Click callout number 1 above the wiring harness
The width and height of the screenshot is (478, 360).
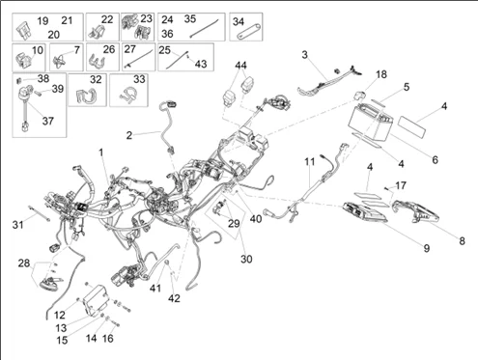[101, 152]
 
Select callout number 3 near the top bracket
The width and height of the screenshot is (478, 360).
[304, 55]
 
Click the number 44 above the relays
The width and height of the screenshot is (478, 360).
[240, 66]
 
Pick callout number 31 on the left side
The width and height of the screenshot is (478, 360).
[16, 225]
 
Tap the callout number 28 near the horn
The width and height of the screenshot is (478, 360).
[23, 263]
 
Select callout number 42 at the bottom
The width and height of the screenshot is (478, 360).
[175, 298]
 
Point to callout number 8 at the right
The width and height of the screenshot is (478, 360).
[461, 240]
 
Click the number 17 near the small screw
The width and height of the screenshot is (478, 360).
[402, 185]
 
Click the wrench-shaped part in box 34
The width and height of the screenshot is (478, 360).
[247, 32]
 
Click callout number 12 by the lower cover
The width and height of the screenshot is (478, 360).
[60, 316]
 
